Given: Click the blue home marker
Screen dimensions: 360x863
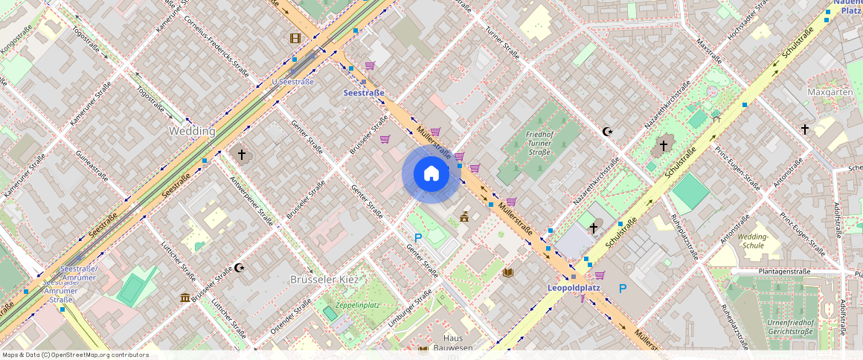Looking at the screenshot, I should [x=431, y=174].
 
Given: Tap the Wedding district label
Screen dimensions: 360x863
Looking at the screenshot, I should [x=192, y=131].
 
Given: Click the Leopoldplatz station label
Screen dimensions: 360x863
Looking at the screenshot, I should [x=574, y=288].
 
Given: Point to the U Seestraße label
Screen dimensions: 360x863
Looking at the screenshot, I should [x=292, y=82].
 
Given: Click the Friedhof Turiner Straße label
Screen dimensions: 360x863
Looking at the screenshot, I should [x=539, y=143].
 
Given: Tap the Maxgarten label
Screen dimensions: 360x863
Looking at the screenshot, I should [x=830, y=92].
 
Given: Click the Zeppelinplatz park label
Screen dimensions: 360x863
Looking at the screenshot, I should [x=358, y=305].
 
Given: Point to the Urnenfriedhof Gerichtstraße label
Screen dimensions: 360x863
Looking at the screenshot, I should [x=789, y=327].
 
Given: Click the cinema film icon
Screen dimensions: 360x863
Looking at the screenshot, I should [x=296, y=38].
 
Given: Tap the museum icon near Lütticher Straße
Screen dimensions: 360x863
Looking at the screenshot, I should [x=185, y=298].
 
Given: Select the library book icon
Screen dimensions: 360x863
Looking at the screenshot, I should [x=508, y=272].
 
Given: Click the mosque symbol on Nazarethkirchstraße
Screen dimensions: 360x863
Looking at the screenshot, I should [x=608, y=132].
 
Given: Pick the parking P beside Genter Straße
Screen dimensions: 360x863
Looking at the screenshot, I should [x=418, y=238].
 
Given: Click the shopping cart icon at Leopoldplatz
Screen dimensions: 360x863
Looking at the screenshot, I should [x=600, y=275].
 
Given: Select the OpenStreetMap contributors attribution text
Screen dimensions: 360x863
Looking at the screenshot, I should [x=75, y=355].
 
